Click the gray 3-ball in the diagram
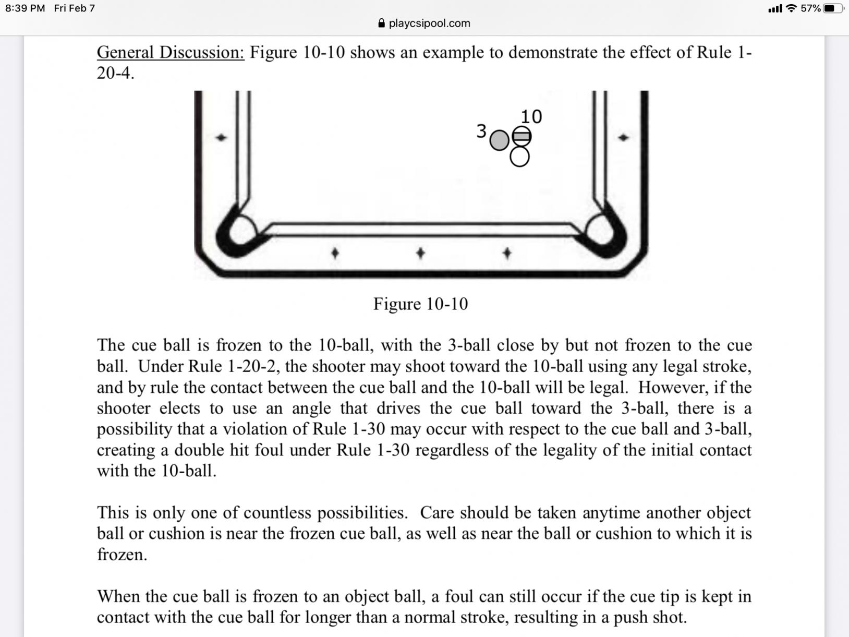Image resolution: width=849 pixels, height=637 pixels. click(x=499, y=140)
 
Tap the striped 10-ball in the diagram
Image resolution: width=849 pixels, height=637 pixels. click(x=521, y=136)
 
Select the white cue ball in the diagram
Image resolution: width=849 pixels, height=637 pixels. click(x=519, y=157)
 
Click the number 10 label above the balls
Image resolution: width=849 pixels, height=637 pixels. click(x=531, y=116)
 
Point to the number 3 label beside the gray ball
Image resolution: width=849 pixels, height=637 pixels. click(x=481, y=131)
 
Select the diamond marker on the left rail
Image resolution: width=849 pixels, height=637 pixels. click(x=222, y=138)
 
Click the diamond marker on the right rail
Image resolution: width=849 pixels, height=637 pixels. click(x=623, y=138)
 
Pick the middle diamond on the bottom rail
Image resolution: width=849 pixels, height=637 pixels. click(x=420, y=253)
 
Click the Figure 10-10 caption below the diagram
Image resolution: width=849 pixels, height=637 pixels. click(x=420, y=304)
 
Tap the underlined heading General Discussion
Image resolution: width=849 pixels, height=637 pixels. click(x=171, y=52)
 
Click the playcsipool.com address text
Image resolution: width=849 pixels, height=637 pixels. click(x=429, y=23)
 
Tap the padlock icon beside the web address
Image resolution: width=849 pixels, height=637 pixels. click(x=381, y=23)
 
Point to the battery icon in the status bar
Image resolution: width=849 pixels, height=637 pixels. click(x=832, y=8)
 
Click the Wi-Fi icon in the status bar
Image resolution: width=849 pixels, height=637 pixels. click(x=791, y=8)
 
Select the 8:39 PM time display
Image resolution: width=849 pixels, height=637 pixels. click(x=25, y=8)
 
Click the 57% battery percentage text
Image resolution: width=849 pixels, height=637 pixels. click(x=810, y=8)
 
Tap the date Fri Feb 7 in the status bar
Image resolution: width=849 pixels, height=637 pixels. click(x=75, y=8)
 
